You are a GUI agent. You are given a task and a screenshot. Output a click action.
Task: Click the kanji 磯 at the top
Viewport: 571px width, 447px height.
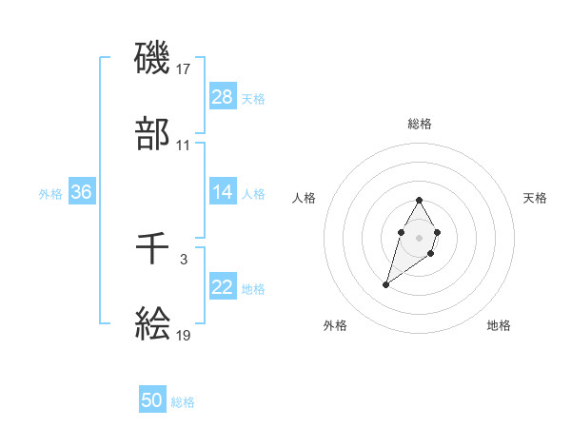[153, 59]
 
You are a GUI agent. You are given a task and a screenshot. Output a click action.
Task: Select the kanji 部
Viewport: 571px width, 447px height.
[153, 135]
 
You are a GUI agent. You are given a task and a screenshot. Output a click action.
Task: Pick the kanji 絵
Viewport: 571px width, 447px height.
[153, 325]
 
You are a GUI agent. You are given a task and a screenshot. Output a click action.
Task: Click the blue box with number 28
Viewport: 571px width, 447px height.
[223, 97]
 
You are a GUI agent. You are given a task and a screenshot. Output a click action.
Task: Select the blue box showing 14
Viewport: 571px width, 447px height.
[223, 192]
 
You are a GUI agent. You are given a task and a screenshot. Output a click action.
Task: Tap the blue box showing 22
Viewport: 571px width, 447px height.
[223, 287]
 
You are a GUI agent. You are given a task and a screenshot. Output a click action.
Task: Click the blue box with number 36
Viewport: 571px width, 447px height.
[82, 192]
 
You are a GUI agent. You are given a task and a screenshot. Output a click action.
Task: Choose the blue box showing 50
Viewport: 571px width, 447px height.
[152, 400]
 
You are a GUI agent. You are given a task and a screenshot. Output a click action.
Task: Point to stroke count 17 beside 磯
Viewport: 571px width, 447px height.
[184, 68]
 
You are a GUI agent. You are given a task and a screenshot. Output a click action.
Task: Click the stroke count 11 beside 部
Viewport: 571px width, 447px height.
[184, 146]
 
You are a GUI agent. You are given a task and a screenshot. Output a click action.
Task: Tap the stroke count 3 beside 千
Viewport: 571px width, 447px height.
[184, 259]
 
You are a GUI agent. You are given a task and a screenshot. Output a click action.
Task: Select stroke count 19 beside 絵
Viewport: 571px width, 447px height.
[184, 336]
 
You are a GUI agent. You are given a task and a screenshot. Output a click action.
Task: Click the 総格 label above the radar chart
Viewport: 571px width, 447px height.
[420, 124]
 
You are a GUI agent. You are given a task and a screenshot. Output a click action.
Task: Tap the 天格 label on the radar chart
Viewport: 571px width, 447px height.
[535, 198]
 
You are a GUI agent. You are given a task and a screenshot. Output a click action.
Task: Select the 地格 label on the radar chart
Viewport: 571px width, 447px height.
[499, 325]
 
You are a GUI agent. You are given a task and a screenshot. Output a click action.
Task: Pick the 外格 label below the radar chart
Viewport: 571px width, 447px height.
[335, 325]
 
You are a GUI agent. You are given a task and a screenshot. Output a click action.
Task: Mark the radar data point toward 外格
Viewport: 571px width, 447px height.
[385, 284]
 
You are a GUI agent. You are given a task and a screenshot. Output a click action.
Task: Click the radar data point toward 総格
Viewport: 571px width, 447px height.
[420, 200]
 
